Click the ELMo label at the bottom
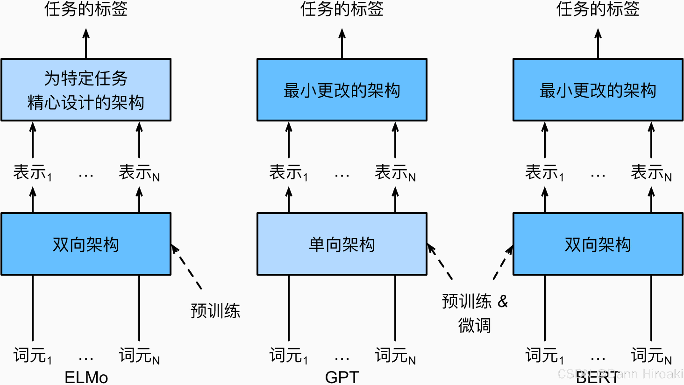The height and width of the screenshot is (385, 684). (86, 377)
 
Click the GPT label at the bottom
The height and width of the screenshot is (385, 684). (342, 377)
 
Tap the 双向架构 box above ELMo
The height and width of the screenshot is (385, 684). (86, 244)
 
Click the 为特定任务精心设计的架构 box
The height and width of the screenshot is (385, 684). (86, 90)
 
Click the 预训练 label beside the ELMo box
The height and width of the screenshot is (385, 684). (215, 311)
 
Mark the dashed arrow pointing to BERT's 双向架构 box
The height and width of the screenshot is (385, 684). (502, 263)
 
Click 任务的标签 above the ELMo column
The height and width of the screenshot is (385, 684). (86, 9)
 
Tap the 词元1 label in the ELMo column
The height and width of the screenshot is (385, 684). (32, 356)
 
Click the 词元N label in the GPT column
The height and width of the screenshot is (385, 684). (395, 356)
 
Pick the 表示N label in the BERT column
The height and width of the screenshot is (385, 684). (651, 173)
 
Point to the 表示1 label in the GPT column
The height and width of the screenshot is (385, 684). (289, 173)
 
